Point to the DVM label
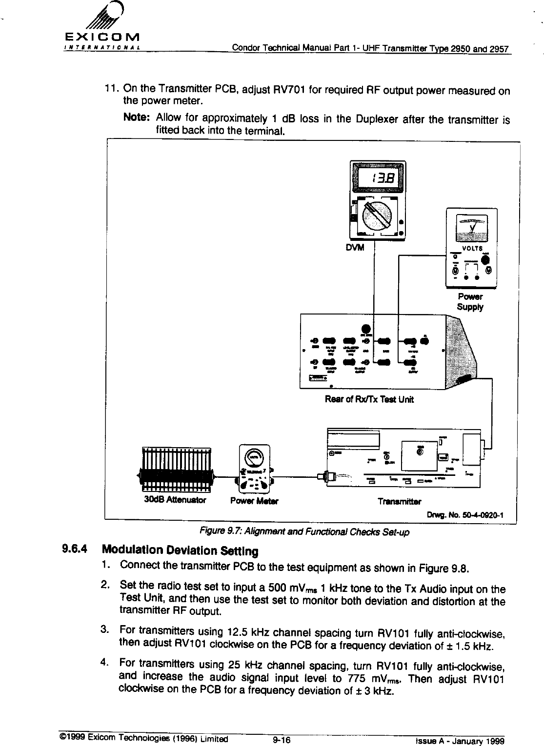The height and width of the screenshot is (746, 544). (x=355, y=248)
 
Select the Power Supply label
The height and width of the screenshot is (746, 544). (x=470, y=302)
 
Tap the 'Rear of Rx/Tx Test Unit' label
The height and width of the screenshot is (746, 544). (x=369, y=400)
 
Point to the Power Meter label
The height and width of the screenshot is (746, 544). (x=254, y=501)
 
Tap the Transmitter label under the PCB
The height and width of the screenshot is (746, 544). (x=400, y=501)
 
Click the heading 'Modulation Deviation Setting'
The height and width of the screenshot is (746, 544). (x=180, y=551)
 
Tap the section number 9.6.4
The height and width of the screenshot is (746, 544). (x=74, y=549)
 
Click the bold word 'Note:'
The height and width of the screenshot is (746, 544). (x=138, y=118)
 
